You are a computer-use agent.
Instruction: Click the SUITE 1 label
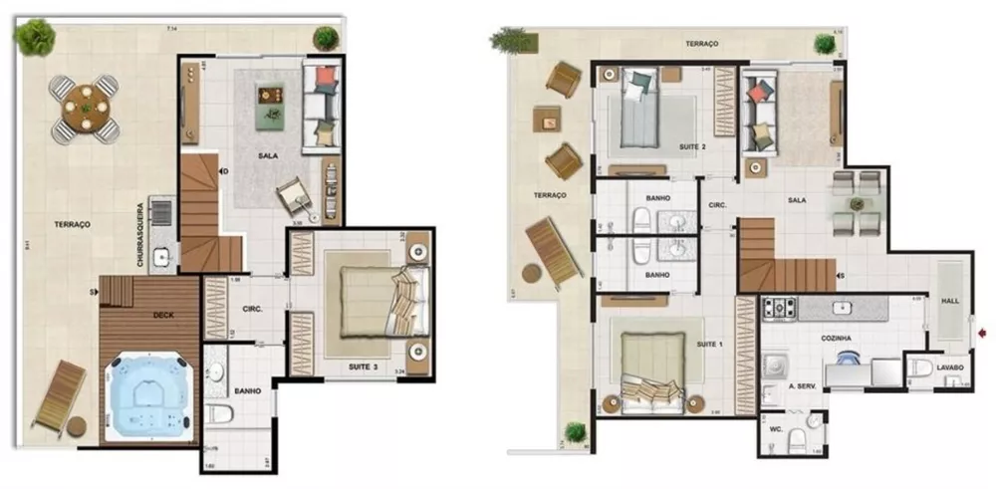(707, 345)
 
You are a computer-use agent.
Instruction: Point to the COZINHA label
(837, 339)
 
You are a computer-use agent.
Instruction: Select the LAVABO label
(950, 367)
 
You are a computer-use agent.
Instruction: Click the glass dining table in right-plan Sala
(858, 202)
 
